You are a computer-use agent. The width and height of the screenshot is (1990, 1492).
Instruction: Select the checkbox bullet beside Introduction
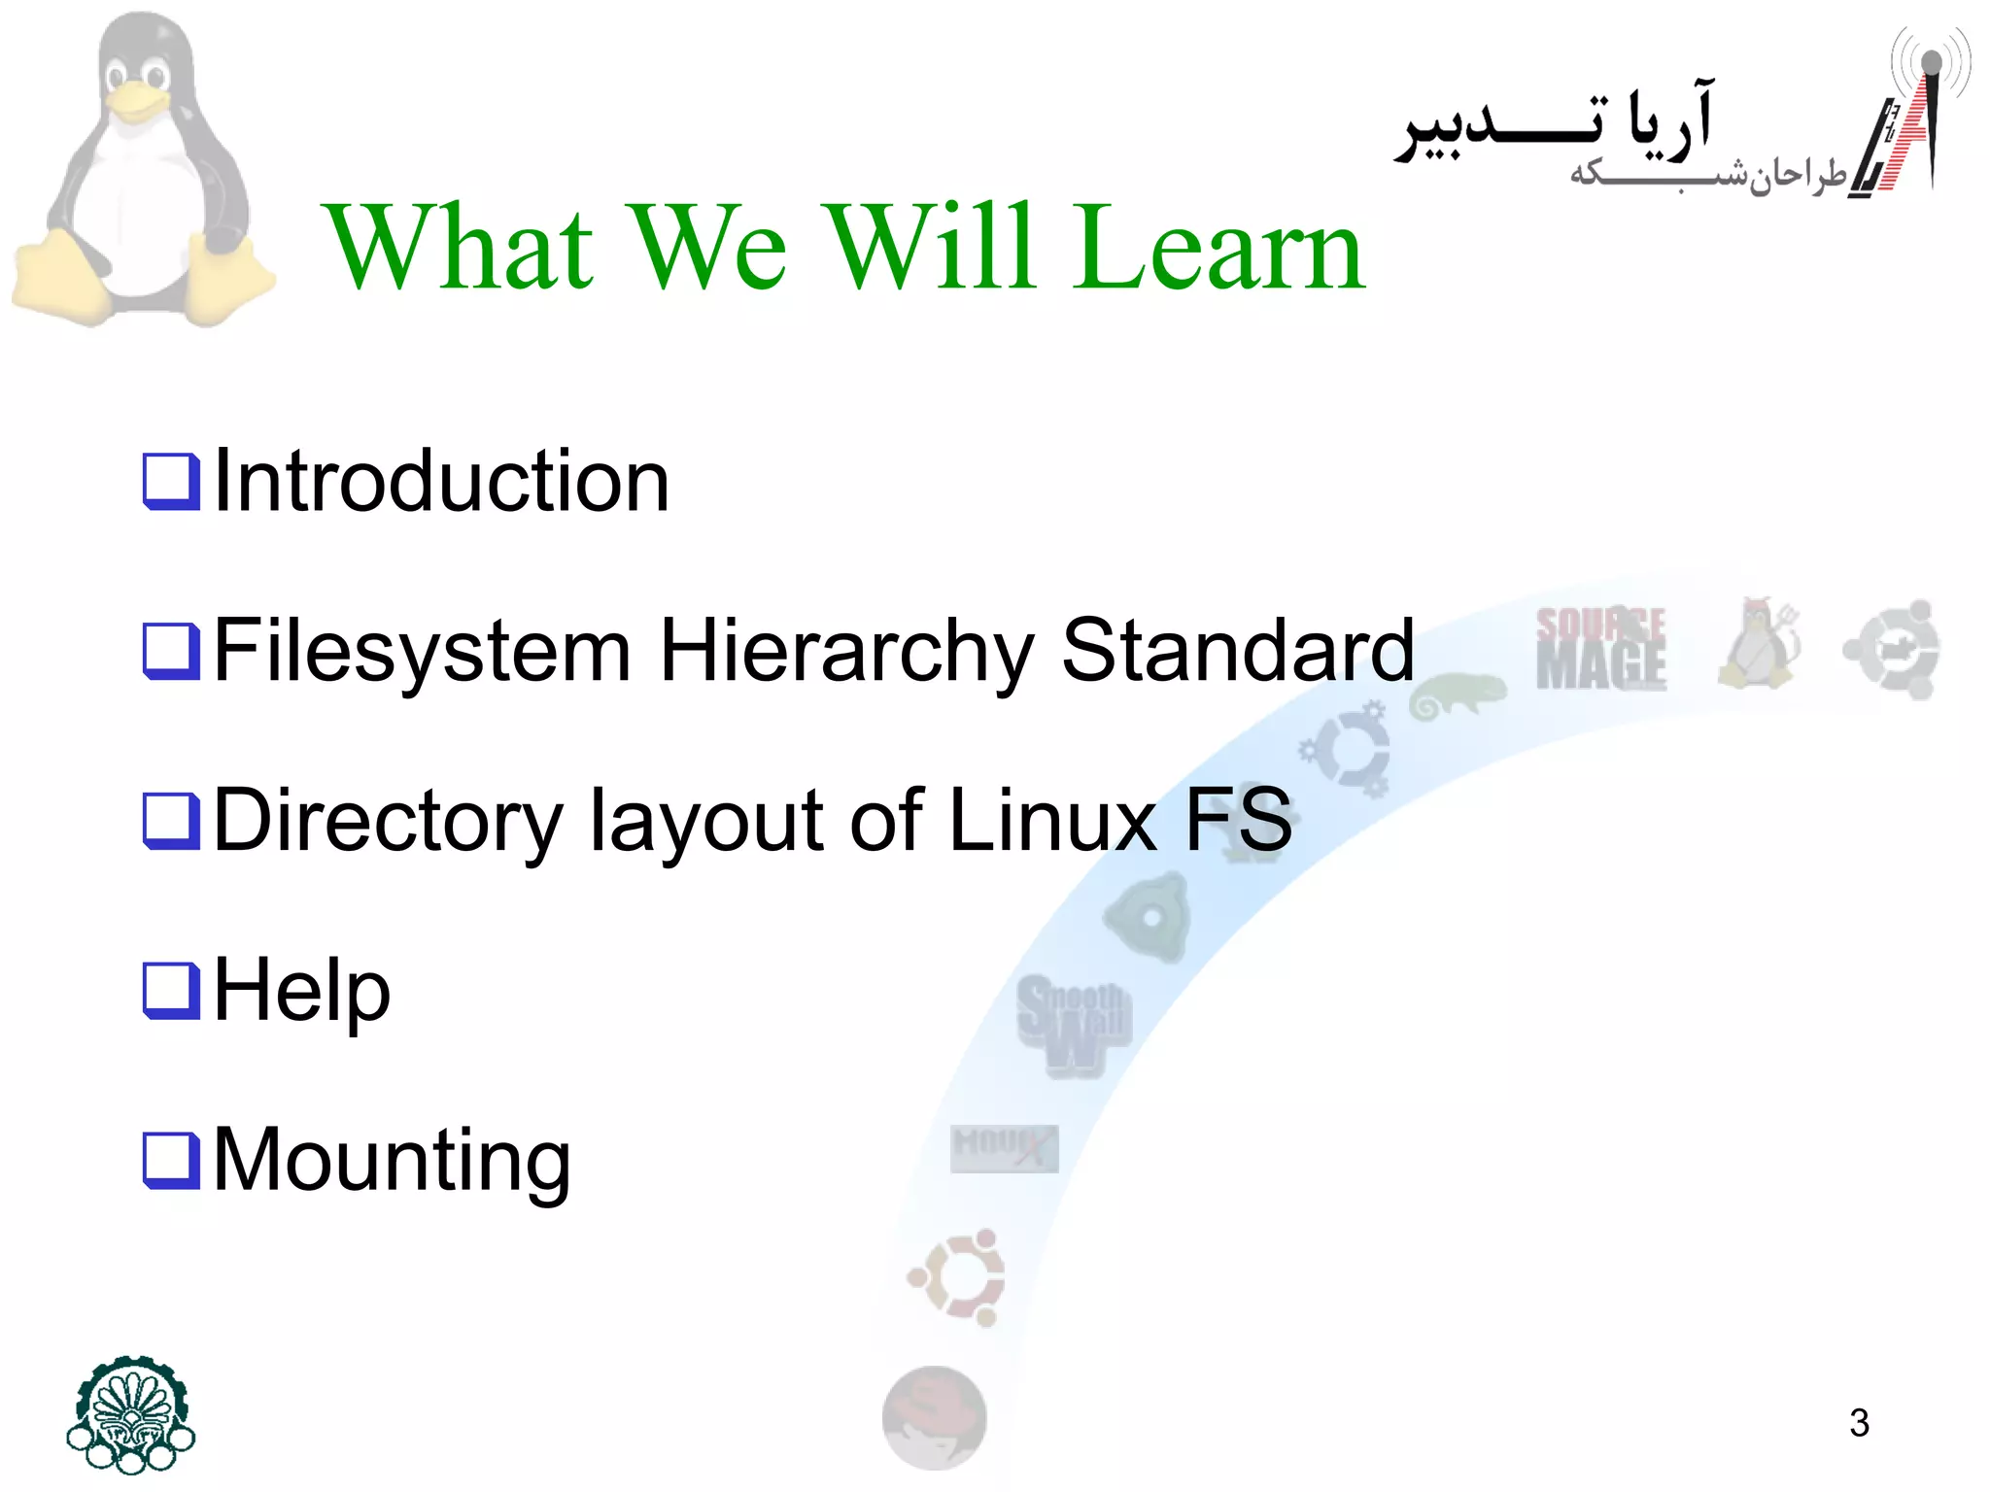coord(171,482)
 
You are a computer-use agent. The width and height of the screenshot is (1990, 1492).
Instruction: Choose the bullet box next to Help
coord(171,991)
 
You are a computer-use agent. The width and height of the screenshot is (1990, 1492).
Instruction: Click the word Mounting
coord(391,1162)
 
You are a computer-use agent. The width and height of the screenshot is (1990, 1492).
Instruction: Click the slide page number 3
coord(1859,1423)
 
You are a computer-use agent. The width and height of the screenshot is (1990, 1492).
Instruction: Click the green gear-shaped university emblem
coord(131,1413)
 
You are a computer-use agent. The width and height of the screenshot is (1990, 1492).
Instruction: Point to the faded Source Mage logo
coord(1600,649)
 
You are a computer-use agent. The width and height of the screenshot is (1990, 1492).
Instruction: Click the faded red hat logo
coord(934,1417)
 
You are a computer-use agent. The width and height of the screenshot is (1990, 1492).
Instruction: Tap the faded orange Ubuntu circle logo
coord(957,1277)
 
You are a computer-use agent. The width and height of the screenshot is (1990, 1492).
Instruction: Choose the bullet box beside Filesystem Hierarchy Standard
coord(171,651)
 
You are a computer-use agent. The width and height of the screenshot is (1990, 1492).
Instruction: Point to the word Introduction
coord(440,482)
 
